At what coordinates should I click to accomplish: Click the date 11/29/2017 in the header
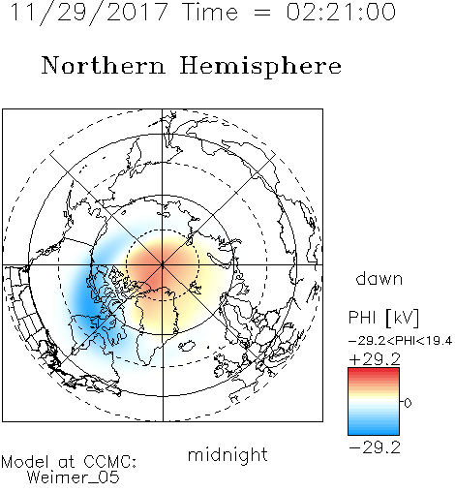pyautogui.click(x=89, y=12)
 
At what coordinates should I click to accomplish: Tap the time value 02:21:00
pyautogui.click(x=341, y=12)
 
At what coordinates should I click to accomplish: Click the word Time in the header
pyautogui.click(x=210, y=12)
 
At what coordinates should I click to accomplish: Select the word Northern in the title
pyautogui.click(x=104, y=66)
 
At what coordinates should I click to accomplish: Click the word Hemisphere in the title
pyautogui.click(x=260, y=67)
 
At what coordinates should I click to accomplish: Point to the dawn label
pyautogui.click(x=379, y=279)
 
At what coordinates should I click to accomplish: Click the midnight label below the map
pyautogui.click(x=227, y=455)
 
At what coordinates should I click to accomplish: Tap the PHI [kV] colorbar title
pyautogui.click(x=383, y=318)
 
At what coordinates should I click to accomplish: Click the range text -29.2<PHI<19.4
pyautogui.click(x=401, y=341)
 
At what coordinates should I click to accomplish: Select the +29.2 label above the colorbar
pyautogui.click(x=375, y=359)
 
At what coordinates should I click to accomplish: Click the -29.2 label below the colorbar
pyautogui.click(x=375, y=447)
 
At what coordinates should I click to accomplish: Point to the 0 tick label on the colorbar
pyautogui.click(x=408, y=403)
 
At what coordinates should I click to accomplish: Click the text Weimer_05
pyautogui.click(x=74, y=477)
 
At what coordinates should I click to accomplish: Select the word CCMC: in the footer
pyautogui.click(x=110, y=462)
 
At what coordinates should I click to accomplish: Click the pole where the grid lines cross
pyautogui.click(x=163, y=265)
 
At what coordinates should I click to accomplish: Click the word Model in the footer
pyautogui.click(x=25, y=462)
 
